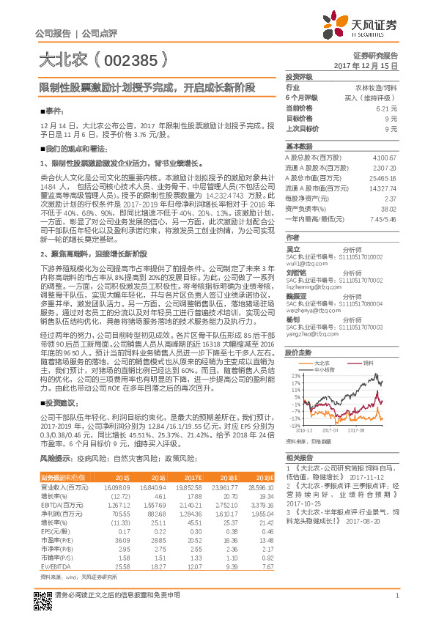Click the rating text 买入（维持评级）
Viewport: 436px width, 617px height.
[371, 97]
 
